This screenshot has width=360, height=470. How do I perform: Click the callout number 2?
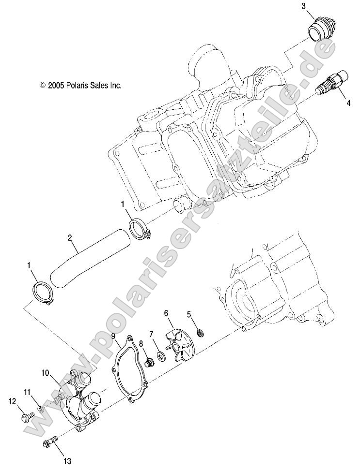[70, 237]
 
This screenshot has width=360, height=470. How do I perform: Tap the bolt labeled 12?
[26, 415]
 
